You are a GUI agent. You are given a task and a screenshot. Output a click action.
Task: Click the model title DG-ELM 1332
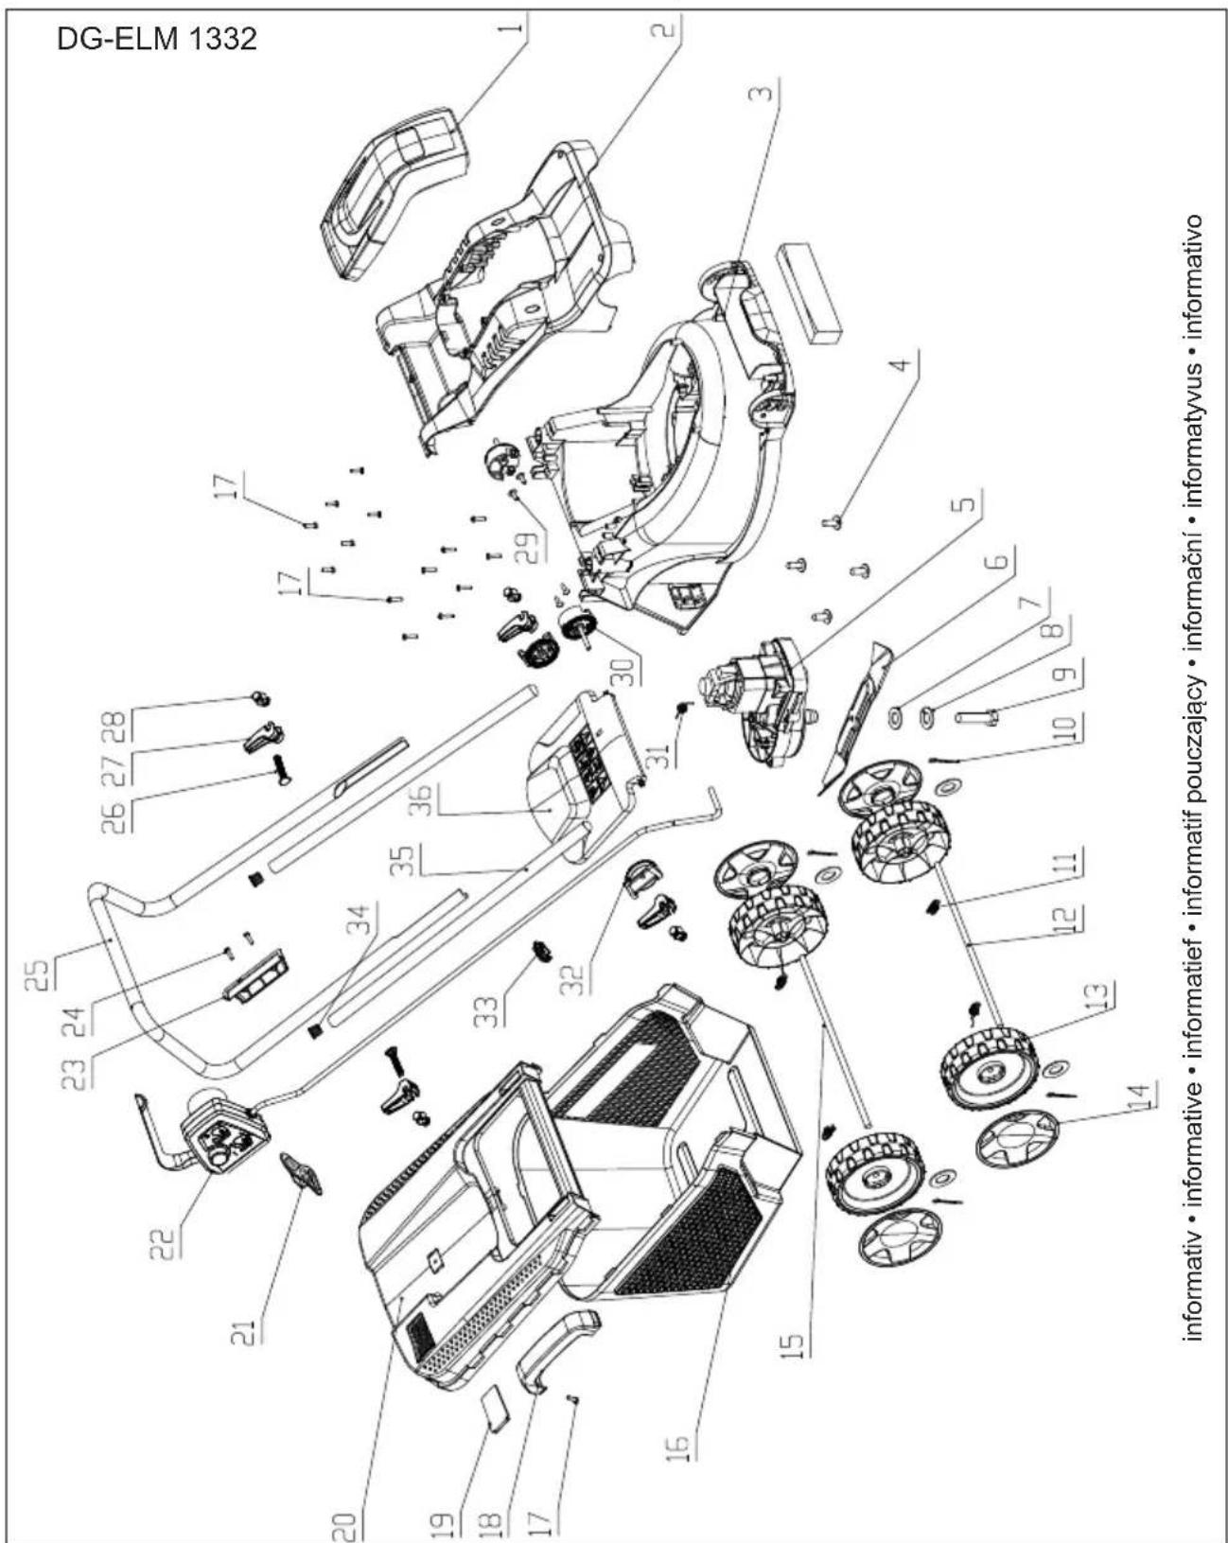pos(156,40)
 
